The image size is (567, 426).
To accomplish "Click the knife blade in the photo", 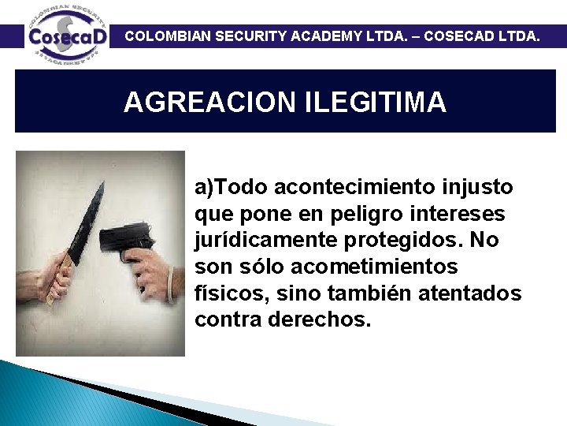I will tap(87, 218).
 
